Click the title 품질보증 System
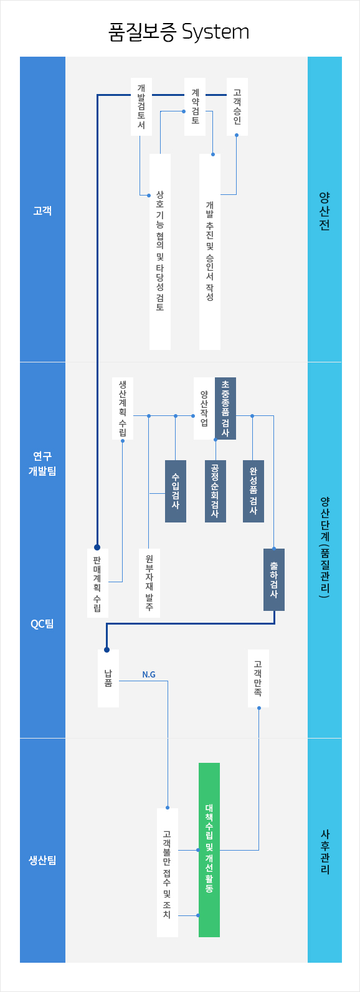click(179, 32)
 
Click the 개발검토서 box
click(141, 106)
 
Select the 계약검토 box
click(195, 106)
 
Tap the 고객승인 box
click(237, 106)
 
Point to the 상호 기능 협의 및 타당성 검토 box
click(160, 252)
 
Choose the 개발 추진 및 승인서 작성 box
click(210, 252)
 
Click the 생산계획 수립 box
click(123, 408)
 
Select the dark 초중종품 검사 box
click(225, 409)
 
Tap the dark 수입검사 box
click(176, 491)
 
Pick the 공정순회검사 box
click(216, 491)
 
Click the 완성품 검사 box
click(253, 491)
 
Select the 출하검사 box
click(274, 579)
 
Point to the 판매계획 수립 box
click(98, 582)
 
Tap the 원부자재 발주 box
click(149, 582)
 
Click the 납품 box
click(108, 678)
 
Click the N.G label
click(149, 674)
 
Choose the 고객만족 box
click(258, 678)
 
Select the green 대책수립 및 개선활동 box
click(209, 849)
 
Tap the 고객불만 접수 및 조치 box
click(168, 872)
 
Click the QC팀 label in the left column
click(42, 623)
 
